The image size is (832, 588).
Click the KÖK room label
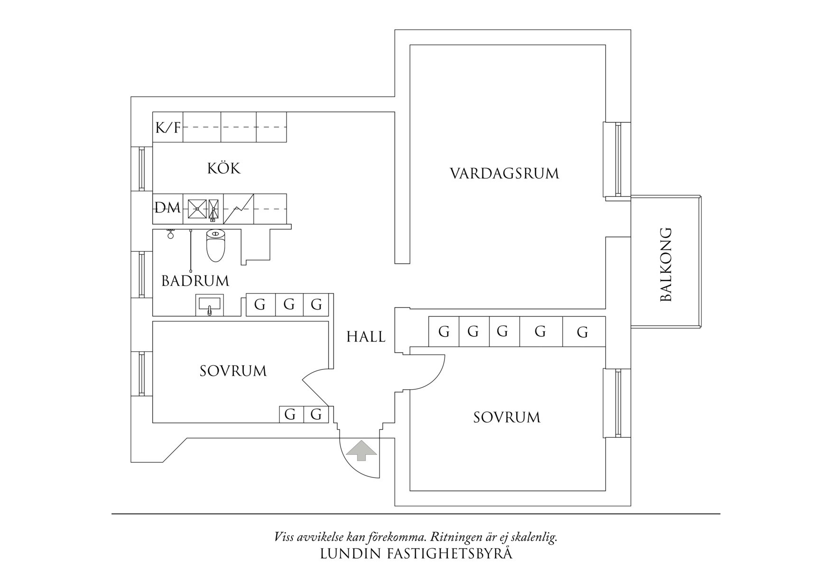point(224,168)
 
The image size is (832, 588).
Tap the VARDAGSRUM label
point(504,173)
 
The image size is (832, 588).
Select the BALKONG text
point(666,265)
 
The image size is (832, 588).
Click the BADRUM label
point(195,281)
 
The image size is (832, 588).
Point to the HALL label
point(366,337)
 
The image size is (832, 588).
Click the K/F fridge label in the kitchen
point(168,127)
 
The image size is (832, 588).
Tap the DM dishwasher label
point(167,208)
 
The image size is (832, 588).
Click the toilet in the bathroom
point(215,246)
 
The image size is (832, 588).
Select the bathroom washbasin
point(209,305)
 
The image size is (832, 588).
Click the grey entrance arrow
point(361,450)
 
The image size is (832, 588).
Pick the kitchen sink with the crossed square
point(197,208)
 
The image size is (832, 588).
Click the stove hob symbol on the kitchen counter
point(239,209)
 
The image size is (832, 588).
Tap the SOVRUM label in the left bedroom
point(233,371)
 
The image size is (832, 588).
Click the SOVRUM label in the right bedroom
point(507,417)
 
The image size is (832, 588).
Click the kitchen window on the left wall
point(142,168)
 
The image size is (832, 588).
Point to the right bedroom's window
point(617,404)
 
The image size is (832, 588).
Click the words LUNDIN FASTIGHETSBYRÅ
point(416,554)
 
